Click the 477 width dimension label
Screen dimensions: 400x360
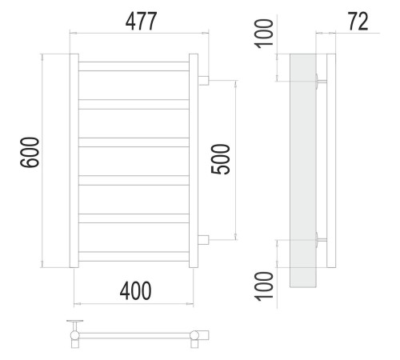[141, 22]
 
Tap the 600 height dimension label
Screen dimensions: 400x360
[30, 152]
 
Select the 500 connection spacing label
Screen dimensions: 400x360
[220, 159]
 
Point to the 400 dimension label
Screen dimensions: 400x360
[135, 290]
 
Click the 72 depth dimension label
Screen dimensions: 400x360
[358, 22]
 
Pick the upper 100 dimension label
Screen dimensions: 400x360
[264, 34]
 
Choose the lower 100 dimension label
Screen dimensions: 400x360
[264, 286]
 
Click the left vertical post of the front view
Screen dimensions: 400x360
[74, 161]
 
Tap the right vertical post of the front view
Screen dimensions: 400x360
[194, 161]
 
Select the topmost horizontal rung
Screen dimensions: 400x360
[134, 66]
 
